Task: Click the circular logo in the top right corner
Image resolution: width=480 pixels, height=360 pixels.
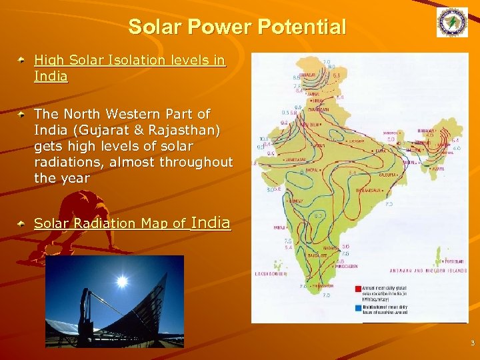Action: (x=452, y=23)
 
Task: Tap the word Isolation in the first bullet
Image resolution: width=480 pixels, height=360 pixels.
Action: (x=140, y=61)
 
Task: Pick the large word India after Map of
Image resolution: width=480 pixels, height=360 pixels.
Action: (x=211, y=222)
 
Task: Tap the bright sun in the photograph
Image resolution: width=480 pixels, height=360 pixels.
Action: (x=121, y=282)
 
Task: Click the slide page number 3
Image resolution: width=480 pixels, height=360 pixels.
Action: (x=471, y=344)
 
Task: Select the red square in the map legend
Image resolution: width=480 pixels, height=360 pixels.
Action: (x=358, y=288)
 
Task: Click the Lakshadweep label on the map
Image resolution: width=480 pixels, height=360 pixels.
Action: (x=271, y=274)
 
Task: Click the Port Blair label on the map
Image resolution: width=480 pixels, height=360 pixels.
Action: (x=442, y=261)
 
